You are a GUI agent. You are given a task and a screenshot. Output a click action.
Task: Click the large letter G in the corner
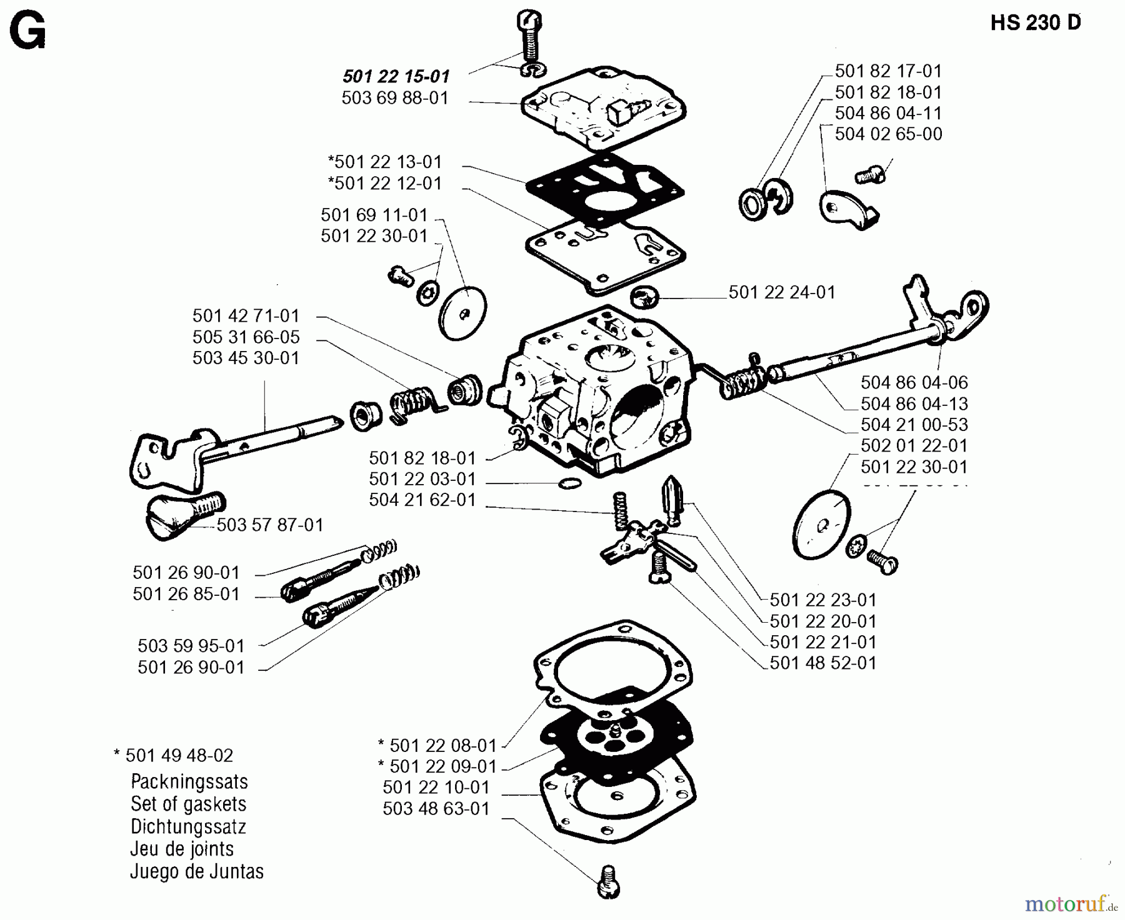28,32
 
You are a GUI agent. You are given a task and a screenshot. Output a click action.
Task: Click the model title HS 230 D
1036,22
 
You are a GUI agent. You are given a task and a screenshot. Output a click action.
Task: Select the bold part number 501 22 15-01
396,77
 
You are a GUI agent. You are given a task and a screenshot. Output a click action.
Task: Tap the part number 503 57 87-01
270,525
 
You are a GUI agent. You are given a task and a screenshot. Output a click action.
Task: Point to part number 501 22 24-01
781,292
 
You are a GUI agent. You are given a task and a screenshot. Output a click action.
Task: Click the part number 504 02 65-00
888,134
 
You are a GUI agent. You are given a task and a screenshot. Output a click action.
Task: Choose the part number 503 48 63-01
436,809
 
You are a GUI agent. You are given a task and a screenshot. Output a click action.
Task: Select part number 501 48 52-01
822,663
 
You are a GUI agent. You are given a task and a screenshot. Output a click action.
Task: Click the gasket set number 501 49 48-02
179,756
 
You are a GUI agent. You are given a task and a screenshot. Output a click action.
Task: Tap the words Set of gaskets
188,804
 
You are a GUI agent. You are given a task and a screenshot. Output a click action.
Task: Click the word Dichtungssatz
188,827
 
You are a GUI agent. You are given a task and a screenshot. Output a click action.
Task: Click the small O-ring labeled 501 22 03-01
567,483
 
